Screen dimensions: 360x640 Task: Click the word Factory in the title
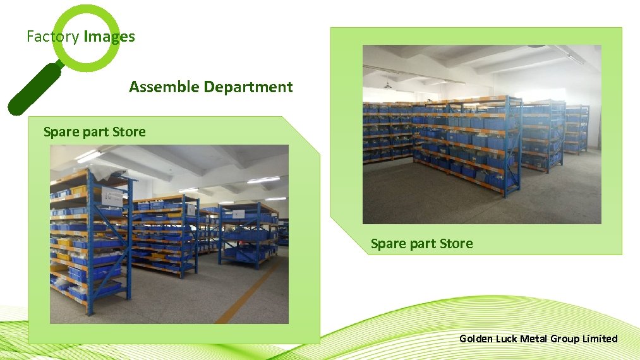52,37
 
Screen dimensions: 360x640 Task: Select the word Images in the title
109,37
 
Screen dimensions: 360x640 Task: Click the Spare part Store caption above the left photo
94,132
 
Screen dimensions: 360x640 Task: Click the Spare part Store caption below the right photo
421,244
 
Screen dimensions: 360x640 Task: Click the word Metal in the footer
534,339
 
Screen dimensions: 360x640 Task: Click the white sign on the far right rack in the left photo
235,214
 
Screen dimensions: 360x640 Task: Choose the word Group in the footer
564,339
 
